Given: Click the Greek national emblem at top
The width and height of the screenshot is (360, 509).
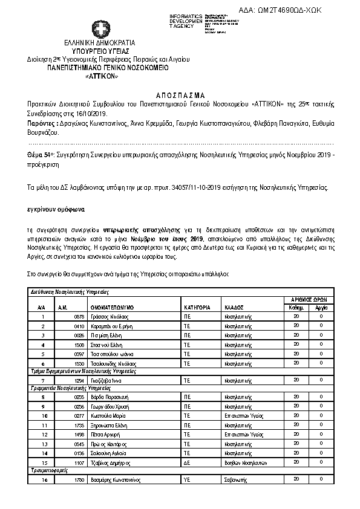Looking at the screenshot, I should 100,28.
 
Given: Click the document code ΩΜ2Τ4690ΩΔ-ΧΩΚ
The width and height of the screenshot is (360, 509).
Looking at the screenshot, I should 289,10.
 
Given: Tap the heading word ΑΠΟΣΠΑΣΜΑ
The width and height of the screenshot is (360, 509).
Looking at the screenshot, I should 180,95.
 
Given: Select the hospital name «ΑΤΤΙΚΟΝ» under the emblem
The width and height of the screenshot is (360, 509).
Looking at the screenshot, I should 101,76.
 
